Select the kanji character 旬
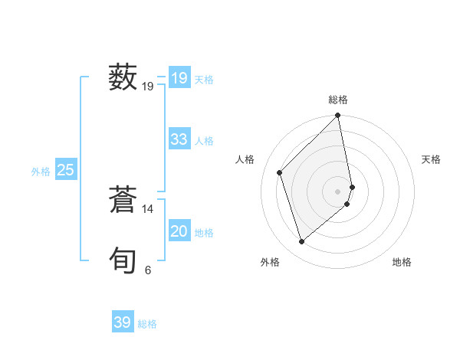tap(123, 260)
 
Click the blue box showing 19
tap(179, 78)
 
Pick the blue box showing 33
tap(179, 139)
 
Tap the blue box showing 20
tap(179, 231)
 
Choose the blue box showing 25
tap(65, 170)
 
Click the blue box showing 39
tap(122, 322)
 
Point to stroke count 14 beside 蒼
tap(148, 208)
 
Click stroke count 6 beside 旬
tap(148, 270)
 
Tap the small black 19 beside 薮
tap(148, 87)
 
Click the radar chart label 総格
tap(338, 100)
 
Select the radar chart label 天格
tap(431, 159)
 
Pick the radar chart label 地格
tap(402, 262)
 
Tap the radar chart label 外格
tap(270, 262)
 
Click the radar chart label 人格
tap(245, 159)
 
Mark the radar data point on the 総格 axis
tap(338, 116)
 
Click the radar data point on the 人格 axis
tap(280, 172)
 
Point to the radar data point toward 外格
tap(302, 241)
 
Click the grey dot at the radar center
tap(338, 191)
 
